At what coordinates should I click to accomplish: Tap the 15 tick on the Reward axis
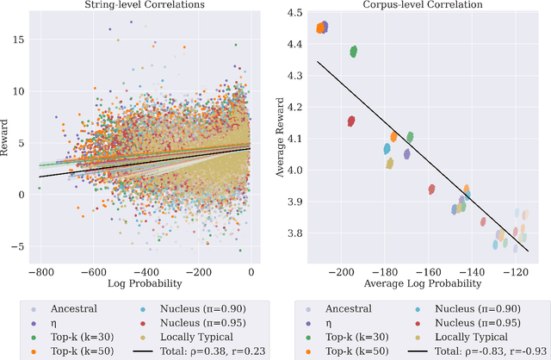click(17, 40)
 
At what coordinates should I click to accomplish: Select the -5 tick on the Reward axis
click(16, 246)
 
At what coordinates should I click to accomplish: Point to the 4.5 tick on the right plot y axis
click(294, 14)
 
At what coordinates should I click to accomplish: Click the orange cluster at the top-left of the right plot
click(321, 28)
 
